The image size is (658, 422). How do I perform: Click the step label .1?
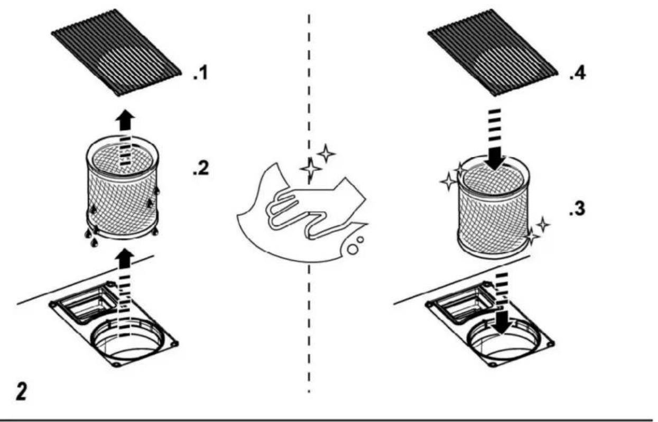point(201,73)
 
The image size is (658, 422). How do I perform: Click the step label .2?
point(201,168)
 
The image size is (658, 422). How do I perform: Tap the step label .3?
point(577,209)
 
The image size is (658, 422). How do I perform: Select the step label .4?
point(578,73)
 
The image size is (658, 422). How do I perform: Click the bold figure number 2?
point(21,391)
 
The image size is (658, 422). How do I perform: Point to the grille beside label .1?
point(117,52)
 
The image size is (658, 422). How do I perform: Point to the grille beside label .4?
point(493,52)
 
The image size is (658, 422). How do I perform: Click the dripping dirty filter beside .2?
point(123,188)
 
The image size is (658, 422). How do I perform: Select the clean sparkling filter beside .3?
point(494,207)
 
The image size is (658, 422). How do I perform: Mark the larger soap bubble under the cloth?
point(353,249)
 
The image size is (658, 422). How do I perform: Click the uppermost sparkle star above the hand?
point(326,153)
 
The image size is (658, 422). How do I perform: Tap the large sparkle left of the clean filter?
point(449,182)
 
